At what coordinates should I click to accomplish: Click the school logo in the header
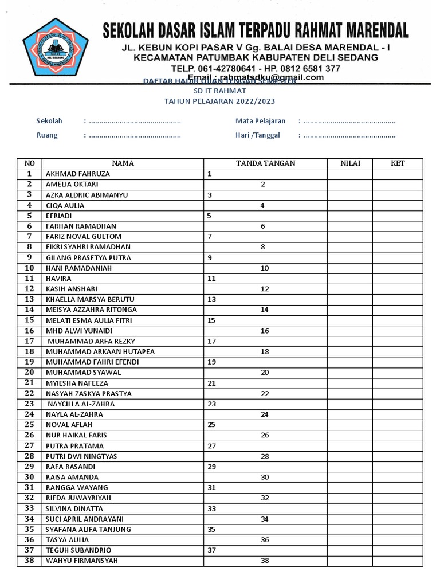56,48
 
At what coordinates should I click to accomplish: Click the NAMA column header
123,163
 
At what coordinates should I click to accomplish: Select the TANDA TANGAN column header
265,163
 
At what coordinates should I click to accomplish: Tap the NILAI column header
350,163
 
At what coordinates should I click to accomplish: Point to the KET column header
398,163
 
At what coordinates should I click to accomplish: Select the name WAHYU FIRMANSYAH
81,561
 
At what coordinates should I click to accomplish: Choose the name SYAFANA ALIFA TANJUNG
88,530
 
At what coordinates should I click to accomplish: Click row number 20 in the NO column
30,373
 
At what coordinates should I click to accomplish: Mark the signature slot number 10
265,268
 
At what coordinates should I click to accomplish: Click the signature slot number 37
211,550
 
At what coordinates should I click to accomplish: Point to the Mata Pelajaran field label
260,121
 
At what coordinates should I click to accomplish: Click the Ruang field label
47,136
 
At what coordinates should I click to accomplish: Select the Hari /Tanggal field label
258,136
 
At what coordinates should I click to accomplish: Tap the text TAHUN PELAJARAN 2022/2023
219,101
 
